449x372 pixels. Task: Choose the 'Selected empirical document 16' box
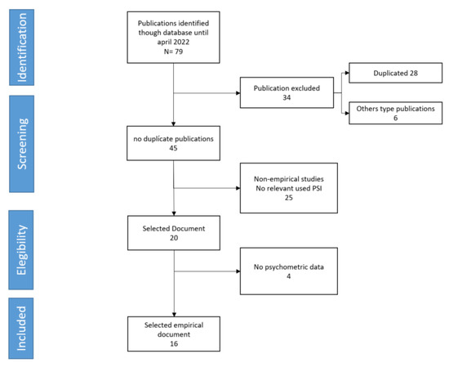175,333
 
